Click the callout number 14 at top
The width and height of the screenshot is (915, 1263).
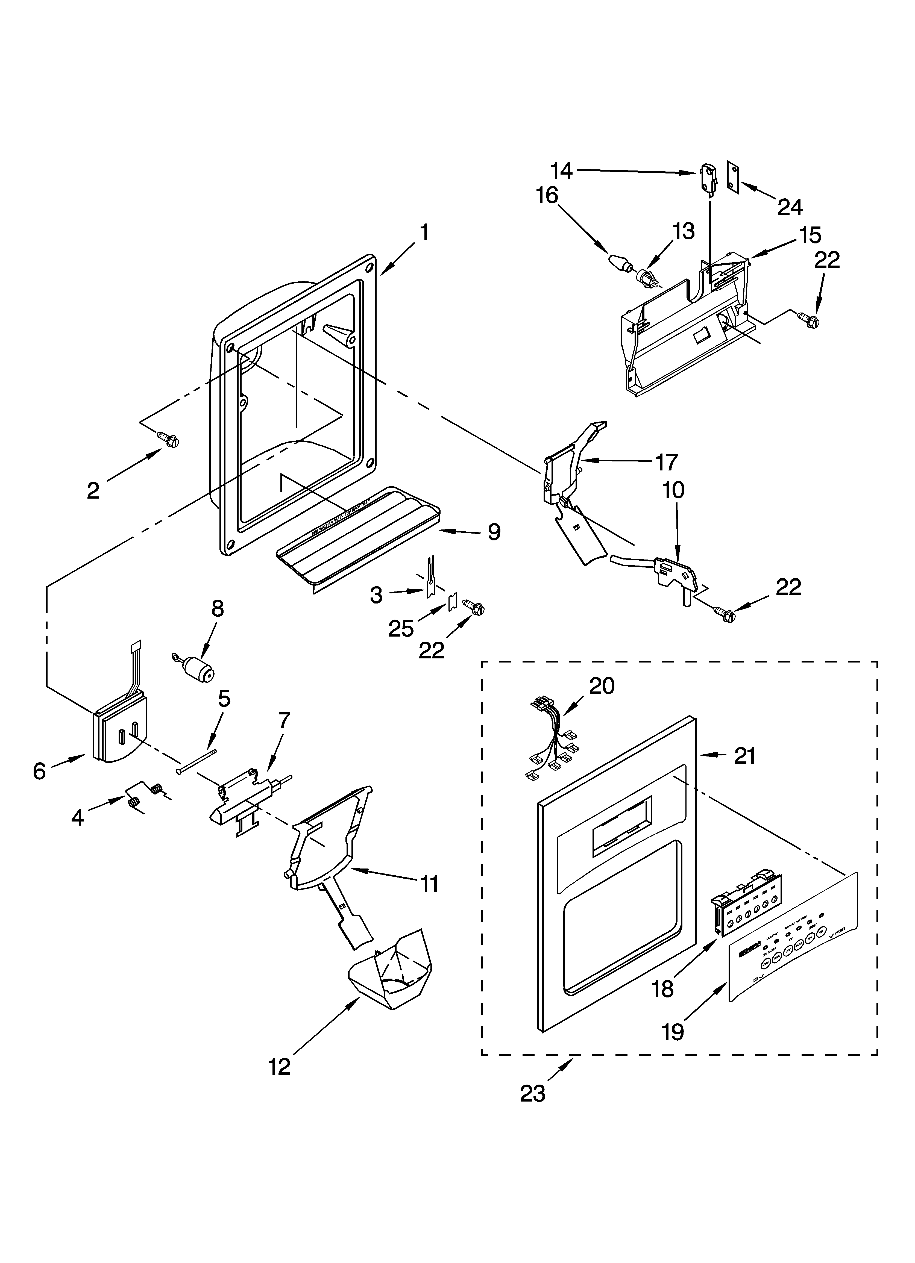[562, 170]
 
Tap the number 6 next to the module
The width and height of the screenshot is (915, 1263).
[39, 771]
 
